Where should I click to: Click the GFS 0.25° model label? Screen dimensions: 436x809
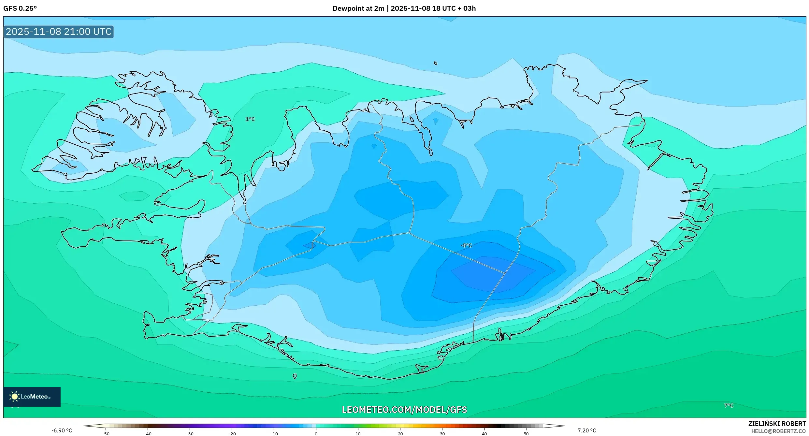[20, 8]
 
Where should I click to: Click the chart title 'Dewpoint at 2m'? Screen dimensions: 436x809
[358, 8]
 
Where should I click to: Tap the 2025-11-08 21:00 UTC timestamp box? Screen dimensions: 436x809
[59, 32]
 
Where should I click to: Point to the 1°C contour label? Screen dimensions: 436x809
[250, 119]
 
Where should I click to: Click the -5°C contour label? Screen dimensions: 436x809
[466, 245]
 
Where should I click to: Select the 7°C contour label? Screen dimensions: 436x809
[729, 405]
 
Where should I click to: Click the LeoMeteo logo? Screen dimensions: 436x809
[32, 397]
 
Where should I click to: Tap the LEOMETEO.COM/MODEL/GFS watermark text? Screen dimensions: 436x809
[404, 410]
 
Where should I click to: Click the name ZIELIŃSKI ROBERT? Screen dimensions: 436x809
[777, 424]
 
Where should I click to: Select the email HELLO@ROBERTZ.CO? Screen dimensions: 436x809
[778, 431]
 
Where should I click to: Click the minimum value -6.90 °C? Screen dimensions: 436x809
[62, 430]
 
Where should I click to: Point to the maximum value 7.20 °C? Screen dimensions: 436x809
[586, 430]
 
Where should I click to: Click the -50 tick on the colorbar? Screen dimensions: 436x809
[106, 434]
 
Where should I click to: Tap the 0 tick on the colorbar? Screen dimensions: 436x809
[316, 434]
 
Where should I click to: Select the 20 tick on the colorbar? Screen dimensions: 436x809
[400, 434]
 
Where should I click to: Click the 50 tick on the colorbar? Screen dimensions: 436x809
[526, 434]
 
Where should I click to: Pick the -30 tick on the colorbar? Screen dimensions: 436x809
[190, 434]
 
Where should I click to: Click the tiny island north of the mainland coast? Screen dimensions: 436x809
[436, 63]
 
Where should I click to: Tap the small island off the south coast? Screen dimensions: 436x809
[295, 376]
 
